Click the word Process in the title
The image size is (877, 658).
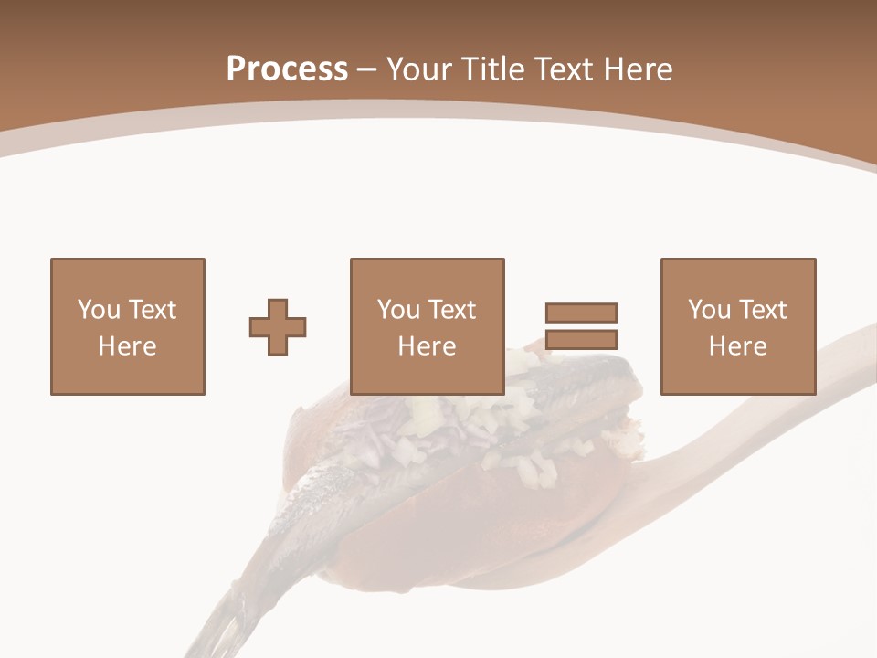pyautogui.click(x=287, y=69)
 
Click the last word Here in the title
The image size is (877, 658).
pyautogui.click(x=637, y=69)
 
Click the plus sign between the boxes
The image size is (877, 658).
pyautogui.click(x=278, y=326)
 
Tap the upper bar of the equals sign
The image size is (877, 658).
pyautogui.click(x=581, y=313)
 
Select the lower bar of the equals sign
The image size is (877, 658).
pyautogui.click(x=581, y=339)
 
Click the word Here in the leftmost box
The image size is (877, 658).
pyautogui.click(x=127, y=346)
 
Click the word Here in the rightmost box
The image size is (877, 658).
pyautogui.click(x=737, y=346)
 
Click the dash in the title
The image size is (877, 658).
pyautogui.click(x=367, y=69)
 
